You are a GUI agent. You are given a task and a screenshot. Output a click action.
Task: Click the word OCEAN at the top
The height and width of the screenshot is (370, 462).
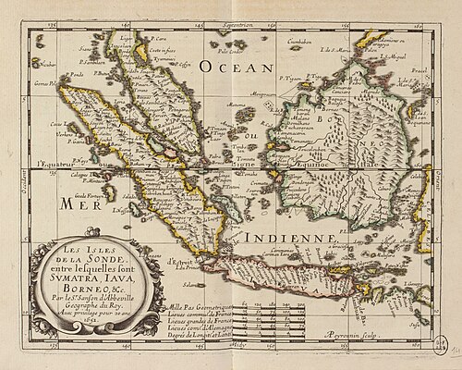click(x=237, y=68)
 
